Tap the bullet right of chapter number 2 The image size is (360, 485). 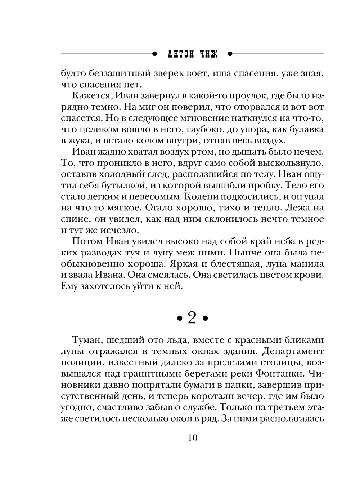[206, 318]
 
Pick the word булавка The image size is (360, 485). [306, 129]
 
